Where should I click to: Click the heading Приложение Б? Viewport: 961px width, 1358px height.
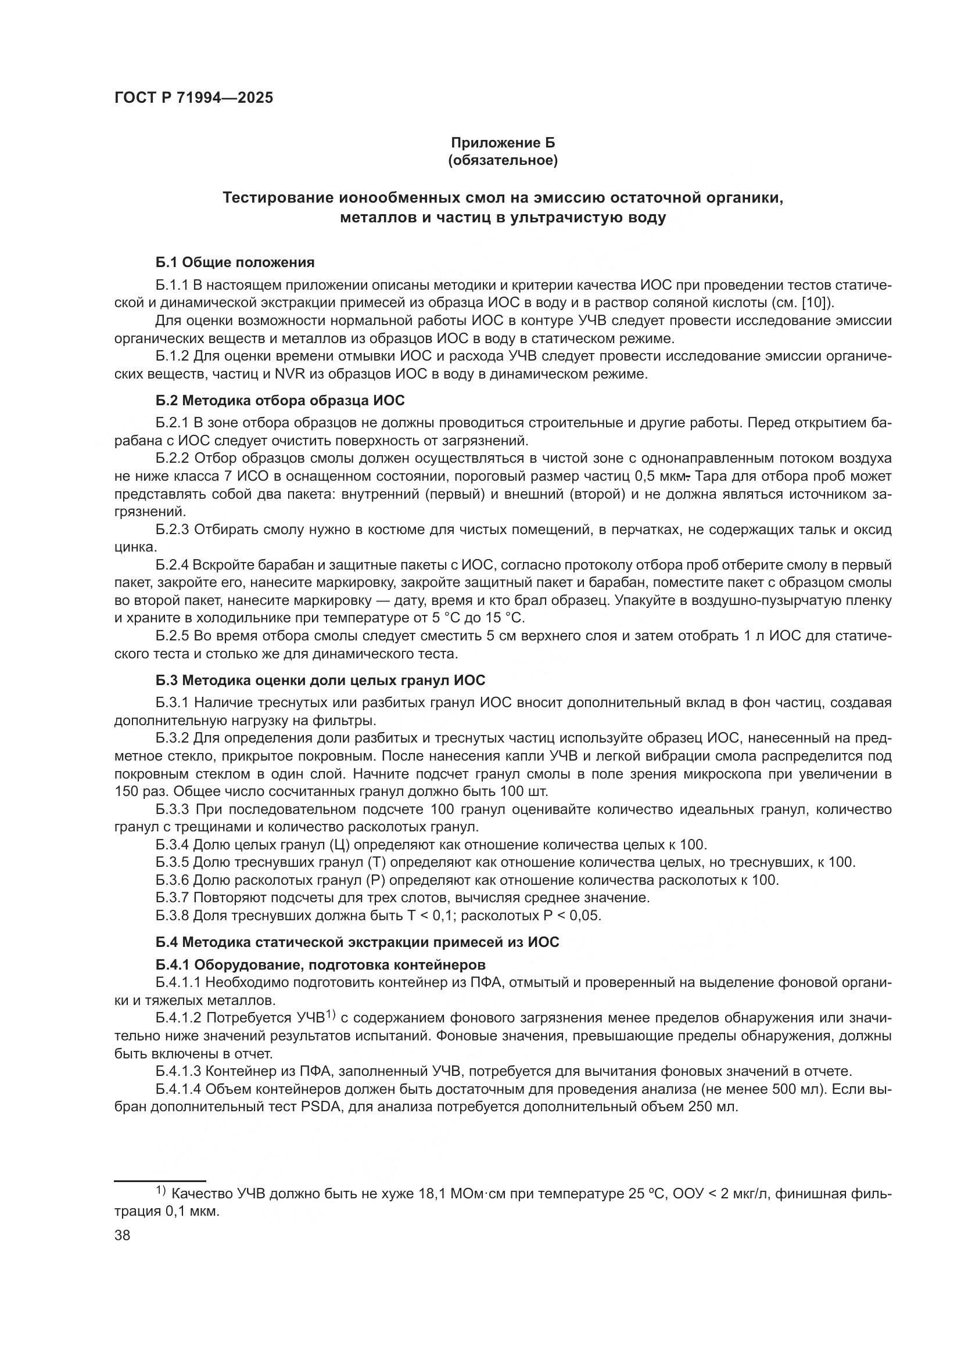click(x=503, y=143)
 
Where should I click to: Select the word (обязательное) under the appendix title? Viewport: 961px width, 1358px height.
click(x=503, y=161)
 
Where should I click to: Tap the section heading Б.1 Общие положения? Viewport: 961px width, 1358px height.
click(x=235, y=262)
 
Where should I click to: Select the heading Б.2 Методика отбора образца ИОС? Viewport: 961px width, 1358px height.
click(x=281, y=401)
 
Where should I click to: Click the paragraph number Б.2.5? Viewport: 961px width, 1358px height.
click(x=172, y=636)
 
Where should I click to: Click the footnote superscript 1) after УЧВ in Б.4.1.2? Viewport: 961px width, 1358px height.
click(x=330, y=1015)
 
